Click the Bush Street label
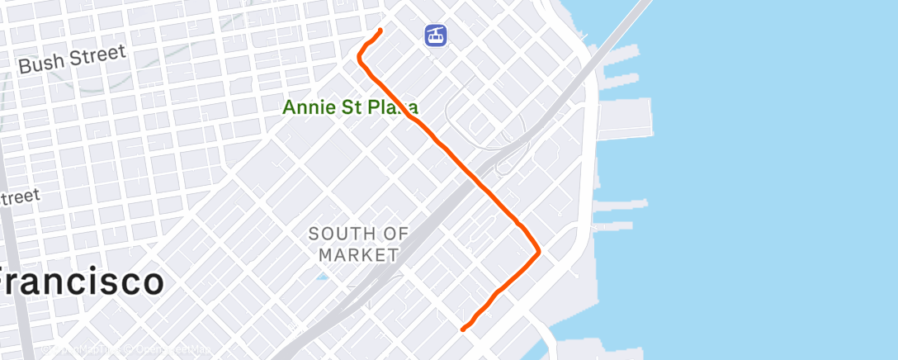[x=73, y=59]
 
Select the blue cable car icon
[x=436, y=36]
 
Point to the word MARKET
[x=358, y=254]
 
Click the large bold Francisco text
[x=80, y=282]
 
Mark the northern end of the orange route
[x=380, y=31]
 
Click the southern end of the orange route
[x=462, y=329]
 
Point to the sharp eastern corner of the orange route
[x=539, y=252]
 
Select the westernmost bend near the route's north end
[x=359, y=58]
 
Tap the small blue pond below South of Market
[x=323, y=276]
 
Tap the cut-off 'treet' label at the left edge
[x=20, y=198]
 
